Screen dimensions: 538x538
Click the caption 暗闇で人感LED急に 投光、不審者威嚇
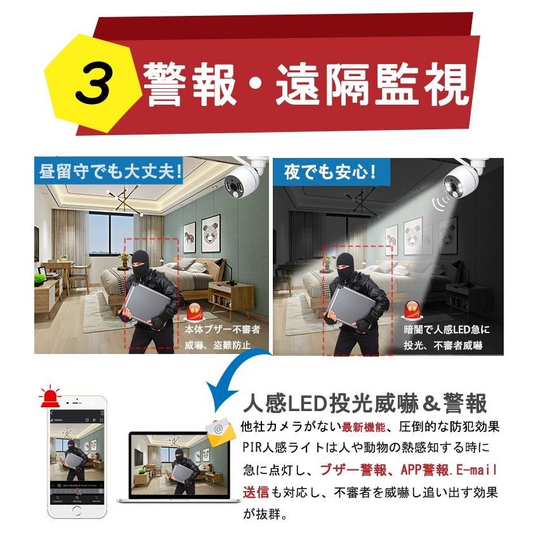click(x=447, y=338)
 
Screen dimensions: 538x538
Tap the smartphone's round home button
click(x=77, y=511)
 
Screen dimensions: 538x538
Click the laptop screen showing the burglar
click(x=173, y=465)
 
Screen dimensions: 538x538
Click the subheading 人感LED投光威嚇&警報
click(x=365, y=403)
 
